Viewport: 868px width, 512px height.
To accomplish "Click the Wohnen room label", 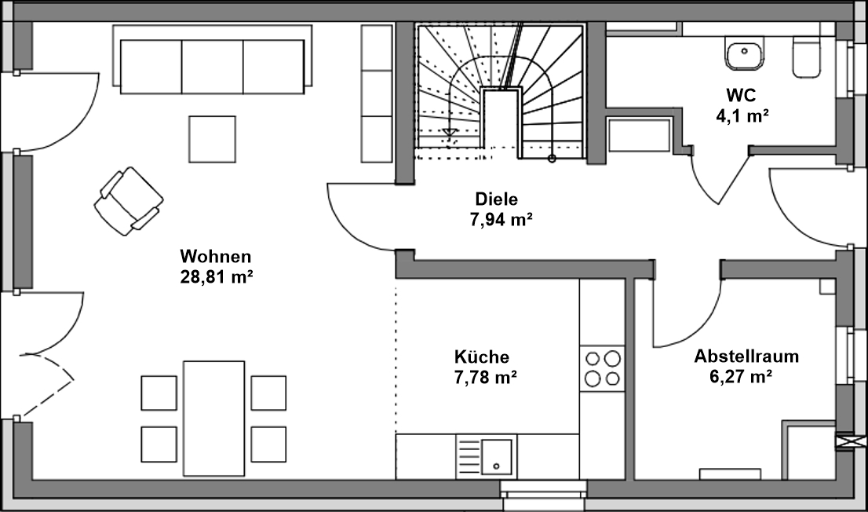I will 216,256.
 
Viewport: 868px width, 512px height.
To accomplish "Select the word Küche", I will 481,357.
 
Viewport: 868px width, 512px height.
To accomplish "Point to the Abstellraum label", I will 746,357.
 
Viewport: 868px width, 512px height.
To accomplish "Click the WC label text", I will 741,96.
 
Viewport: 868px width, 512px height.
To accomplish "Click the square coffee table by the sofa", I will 212,139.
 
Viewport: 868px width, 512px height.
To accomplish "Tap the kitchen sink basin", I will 496,455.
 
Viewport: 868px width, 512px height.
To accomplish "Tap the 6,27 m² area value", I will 739,377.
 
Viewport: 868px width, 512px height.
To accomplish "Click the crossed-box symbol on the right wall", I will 845,442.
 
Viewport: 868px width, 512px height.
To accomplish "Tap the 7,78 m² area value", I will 484,377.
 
